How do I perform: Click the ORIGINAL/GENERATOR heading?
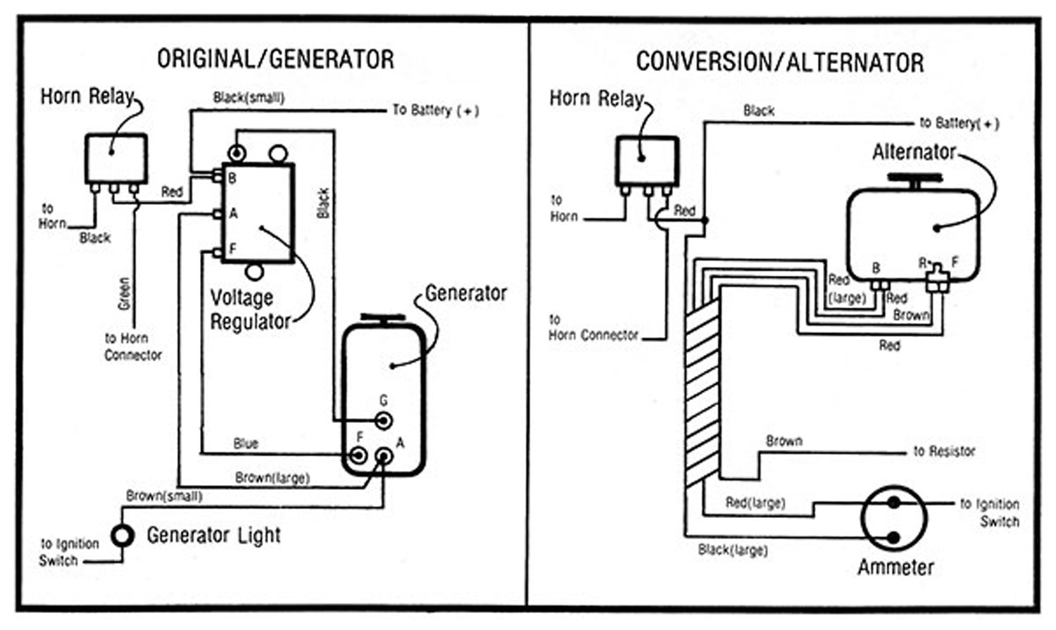tap(275, 59)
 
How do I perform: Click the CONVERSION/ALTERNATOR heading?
tap(779, 62)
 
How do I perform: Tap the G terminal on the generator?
tap(383, 421)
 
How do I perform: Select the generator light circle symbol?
tap(122, 536)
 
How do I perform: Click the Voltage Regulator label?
tap(250, 310)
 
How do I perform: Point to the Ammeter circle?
tap(893, 519)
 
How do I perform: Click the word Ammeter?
tap(895, 567)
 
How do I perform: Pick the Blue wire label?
tap(246, 443)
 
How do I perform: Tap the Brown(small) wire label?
tap(164, 496)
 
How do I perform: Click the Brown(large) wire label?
tap(272, 478)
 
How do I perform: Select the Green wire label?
tap(124, 294)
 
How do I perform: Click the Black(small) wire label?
tap(249, 98)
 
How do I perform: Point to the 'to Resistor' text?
tap(944, 451)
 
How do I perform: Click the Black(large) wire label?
tap(732, 550)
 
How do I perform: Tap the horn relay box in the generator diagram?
tap(116, 158)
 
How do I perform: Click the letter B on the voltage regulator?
tap(232, 179)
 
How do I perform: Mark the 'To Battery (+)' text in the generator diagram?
tap(436, 110)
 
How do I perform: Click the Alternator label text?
tap(914, 152)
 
